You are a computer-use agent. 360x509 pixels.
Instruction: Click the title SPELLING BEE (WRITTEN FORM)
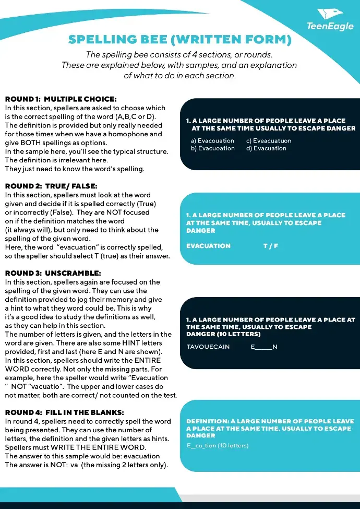click(x=179, y=40)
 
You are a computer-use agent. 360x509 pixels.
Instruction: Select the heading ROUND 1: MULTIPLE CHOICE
click(x=61, y=99)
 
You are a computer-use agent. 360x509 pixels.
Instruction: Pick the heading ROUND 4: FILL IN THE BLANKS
click(x=64, y=412)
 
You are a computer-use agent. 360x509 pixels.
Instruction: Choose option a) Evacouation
click(x=212, y=141)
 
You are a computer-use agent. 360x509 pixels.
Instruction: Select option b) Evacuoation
click(x=212, y=148)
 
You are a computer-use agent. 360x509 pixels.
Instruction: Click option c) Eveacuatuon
click(x=269, y=141)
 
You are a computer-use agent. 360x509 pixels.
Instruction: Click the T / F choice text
click(x=270, y=246)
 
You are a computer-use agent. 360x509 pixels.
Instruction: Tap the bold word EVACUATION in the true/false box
click(x=208, y=246)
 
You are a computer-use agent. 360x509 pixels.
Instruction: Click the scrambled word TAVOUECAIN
click(x=208, y=347)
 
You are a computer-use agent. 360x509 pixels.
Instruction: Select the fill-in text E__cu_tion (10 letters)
click(x=218, y=445)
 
